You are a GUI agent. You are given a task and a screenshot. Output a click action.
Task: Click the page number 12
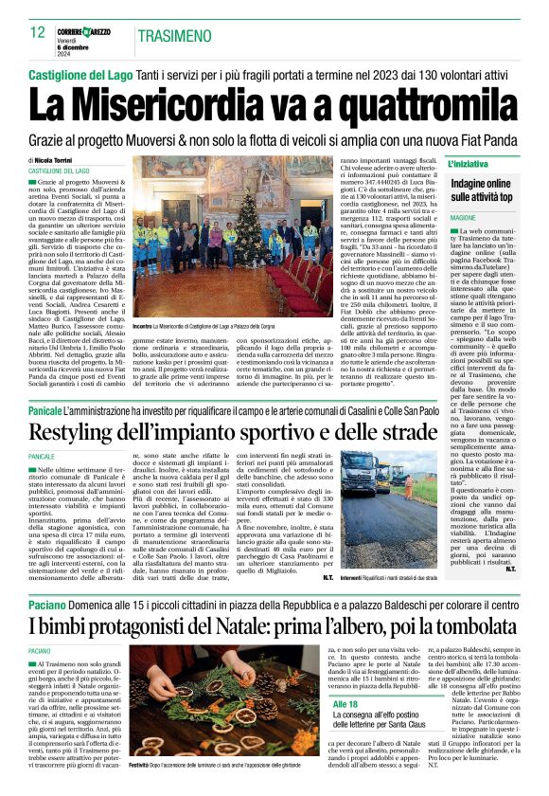click(38, 32)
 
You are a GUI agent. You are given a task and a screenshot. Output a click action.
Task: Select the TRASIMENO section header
click(175, 36)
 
